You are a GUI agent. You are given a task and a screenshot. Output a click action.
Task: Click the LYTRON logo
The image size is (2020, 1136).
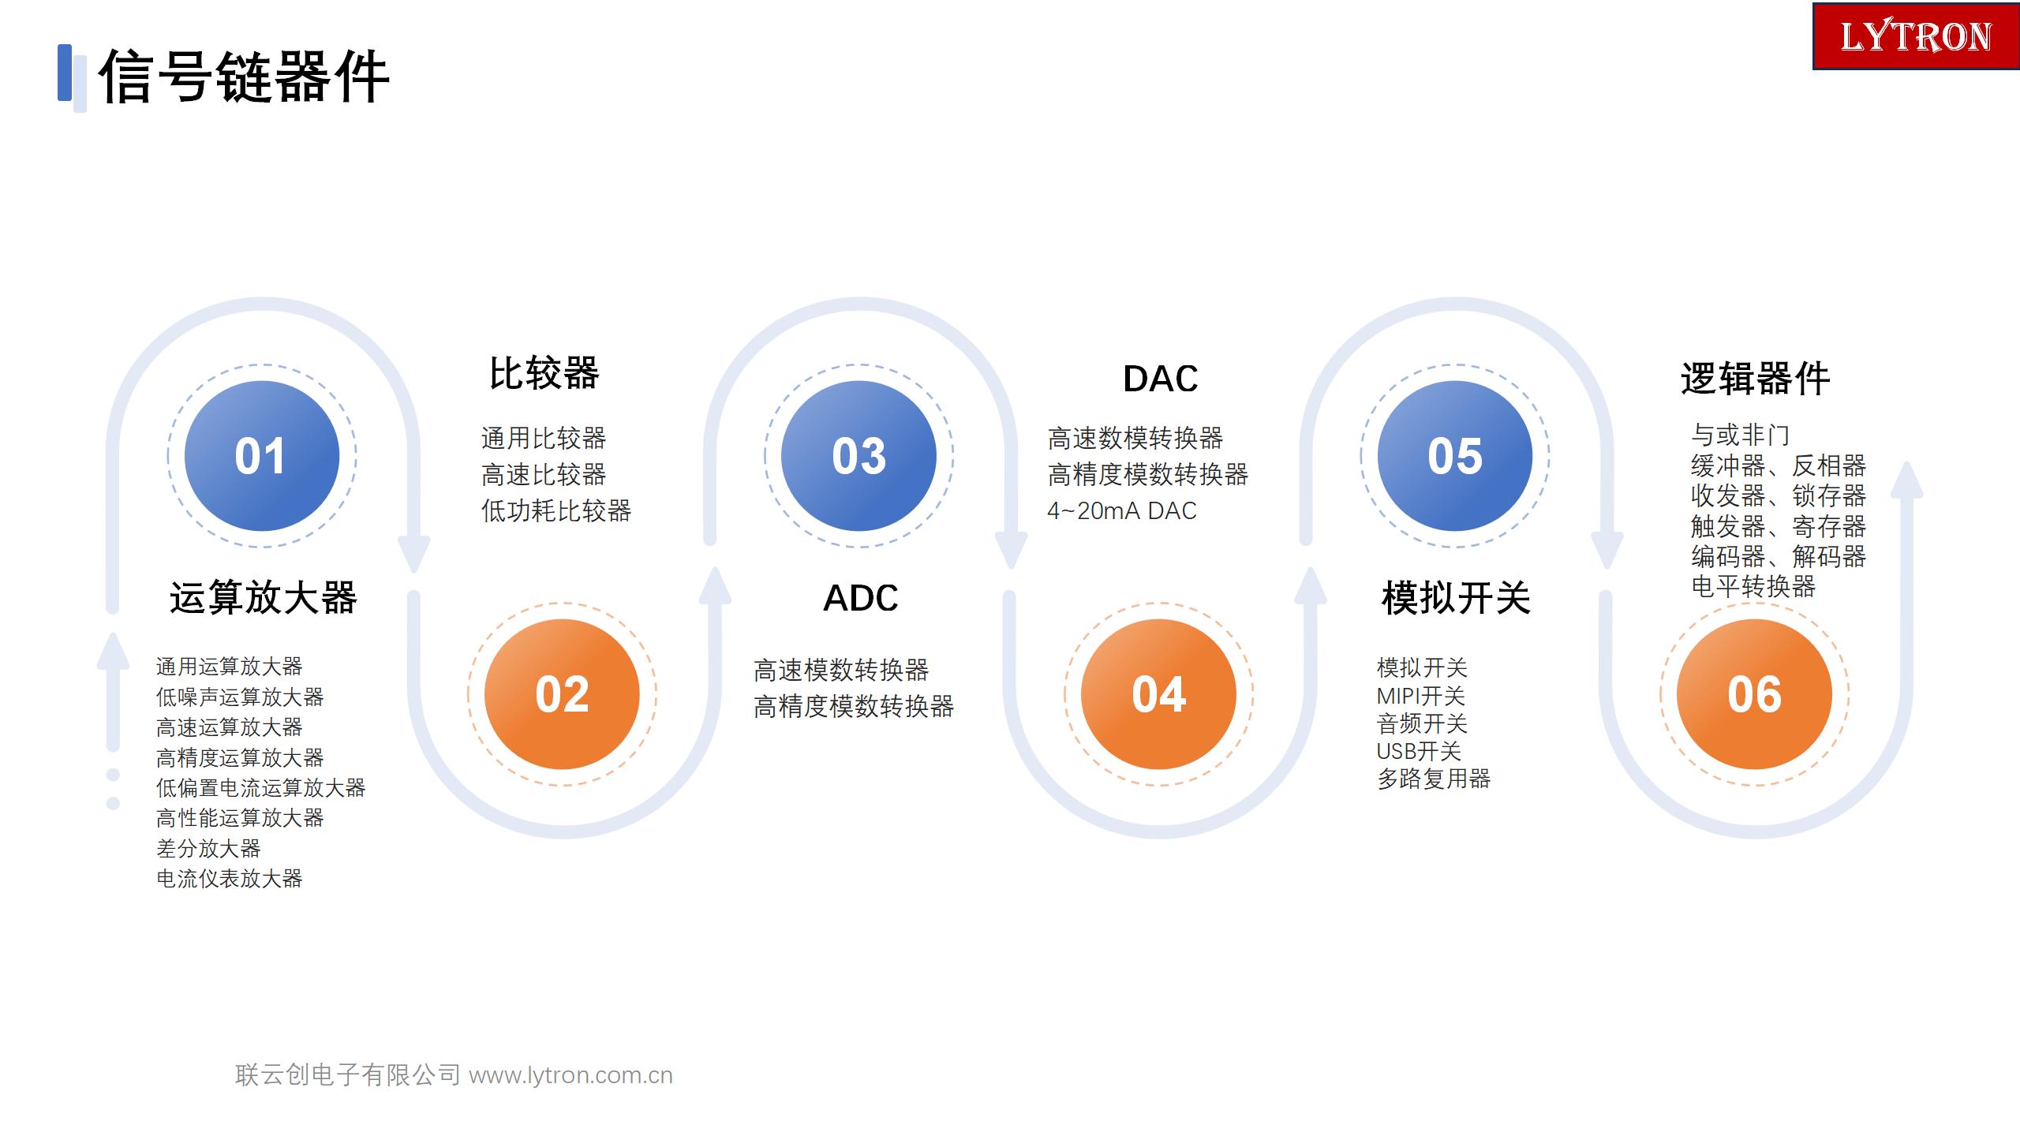click(x=1916, y=36)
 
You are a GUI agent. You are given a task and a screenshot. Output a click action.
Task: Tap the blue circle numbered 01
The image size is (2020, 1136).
click(x=262, y=456)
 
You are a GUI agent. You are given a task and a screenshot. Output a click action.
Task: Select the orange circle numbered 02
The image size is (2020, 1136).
click(x=562, y=694)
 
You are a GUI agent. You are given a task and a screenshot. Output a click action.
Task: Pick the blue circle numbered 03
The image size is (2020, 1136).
click(x=858, y=456)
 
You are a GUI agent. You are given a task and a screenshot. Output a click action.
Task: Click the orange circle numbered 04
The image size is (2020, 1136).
click(x=1158, y=694)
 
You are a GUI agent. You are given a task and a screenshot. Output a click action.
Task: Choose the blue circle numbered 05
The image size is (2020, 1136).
click(x=1455, y=456)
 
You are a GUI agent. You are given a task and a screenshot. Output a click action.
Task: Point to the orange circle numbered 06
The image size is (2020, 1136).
click(x=1754, y=694)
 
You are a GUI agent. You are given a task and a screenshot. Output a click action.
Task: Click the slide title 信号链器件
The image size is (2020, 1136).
click(x=244, y=77)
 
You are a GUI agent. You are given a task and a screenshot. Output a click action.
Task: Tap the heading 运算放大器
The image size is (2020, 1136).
click(x=264, y=597)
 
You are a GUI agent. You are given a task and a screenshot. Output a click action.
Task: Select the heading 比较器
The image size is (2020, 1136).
click(x=544, y=373)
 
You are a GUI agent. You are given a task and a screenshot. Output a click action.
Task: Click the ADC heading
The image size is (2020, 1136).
click(x=861, y=598)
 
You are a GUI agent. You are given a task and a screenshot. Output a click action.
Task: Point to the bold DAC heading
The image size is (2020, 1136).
click(x=1160, y=379)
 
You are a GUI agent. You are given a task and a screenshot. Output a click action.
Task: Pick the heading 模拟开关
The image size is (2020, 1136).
click(x=1457, y=597)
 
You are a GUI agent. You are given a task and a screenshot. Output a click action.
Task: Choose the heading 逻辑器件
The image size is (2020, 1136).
click(x=1755, y=379)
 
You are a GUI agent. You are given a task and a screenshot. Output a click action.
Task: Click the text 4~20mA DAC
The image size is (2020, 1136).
click(x=1122, y=511)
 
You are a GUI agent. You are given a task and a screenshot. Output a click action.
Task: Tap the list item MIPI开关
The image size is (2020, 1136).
click(x=1420, y=696)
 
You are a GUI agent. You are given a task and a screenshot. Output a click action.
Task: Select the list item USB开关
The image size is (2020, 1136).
click(x=1419, y=751)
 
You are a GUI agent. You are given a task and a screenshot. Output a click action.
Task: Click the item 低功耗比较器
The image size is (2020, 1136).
click(x=556, y=511)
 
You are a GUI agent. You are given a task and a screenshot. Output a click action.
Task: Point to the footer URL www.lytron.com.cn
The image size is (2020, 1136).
click(x=570, y=1075)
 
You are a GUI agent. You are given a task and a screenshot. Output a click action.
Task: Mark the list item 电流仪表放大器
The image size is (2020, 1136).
click(x=230, y=878)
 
